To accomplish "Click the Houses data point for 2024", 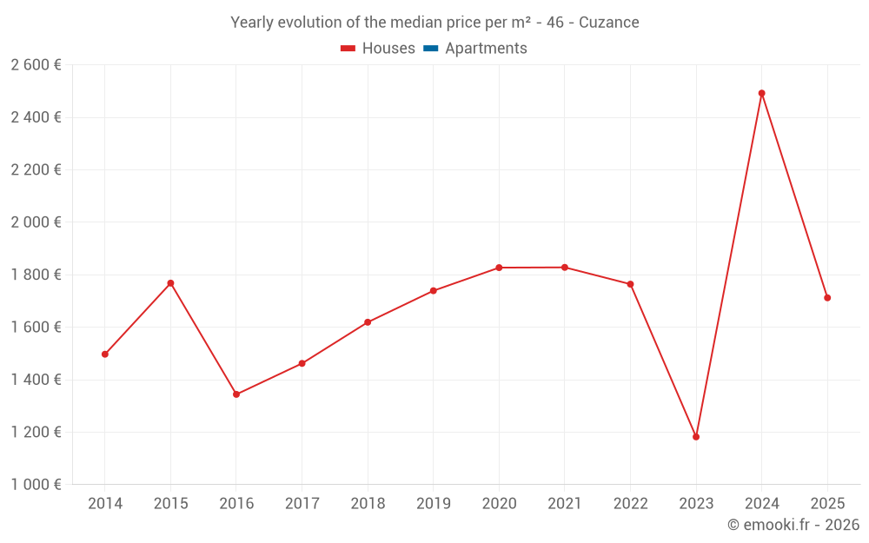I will point(761,93).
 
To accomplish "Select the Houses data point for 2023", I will point(696,437).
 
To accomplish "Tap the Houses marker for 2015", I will point(170,283).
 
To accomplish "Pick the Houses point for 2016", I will point(236,394).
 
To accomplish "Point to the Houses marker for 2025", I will point(827,298).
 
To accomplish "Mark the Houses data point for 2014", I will point(105,354).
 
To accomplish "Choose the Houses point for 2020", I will point(499,268).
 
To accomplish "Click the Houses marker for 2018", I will point(368,322).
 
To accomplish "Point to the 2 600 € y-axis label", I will point(36,65).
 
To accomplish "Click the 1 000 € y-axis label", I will point(36,485).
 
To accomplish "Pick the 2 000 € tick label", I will point(36,222).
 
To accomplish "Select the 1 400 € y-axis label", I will point(36,380).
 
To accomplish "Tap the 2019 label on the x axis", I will point(434,504).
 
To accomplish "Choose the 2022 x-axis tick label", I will point(630,504).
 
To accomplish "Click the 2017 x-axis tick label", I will point(302,504).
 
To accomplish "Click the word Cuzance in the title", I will point(609,23).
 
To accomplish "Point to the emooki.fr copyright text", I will point(793,525).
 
